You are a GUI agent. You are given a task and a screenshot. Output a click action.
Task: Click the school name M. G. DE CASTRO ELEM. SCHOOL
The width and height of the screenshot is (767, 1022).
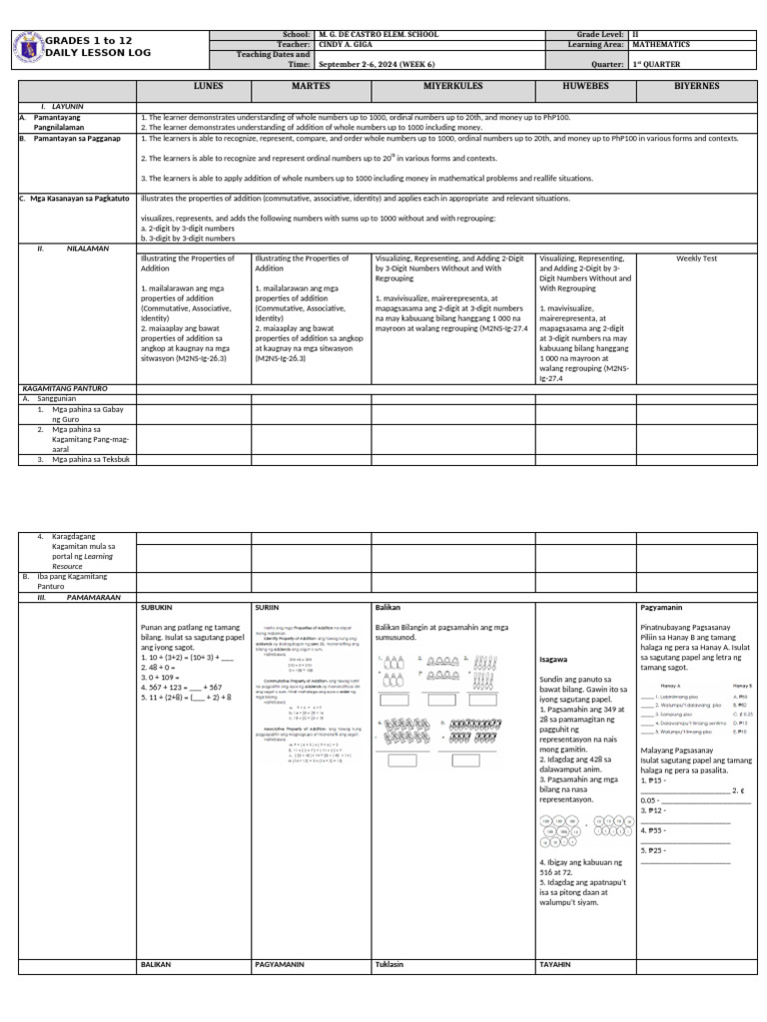379,35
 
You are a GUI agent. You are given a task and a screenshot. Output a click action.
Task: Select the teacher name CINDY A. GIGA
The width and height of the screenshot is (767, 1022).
349,45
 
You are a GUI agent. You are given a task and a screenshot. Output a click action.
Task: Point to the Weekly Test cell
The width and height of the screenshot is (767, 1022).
696,258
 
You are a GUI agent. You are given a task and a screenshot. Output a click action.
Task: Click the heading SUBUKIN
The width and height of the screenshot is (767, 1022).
157,607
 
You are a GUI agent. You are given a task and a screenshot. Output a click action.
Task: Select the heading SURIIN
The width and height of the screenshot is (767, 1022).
267,607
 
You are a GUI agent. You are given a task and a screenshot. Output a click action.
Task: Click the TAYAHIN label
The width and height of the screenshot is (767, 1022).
555,965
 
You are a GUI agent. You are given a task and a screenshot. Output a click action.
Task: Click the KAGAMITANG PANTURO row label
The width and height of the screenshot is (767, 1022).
64,387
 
